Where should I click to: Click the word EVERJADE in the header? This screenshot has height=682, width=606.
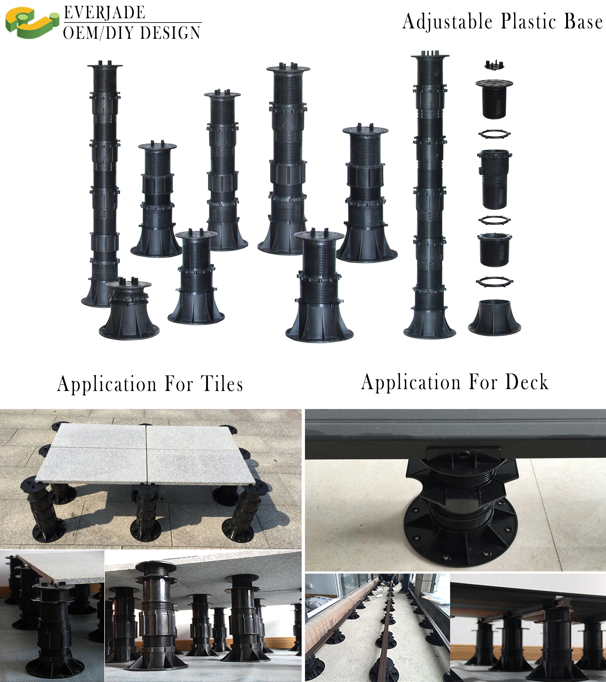tap(104, 13)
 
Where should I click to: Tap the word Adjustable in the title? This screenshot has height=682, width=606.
tap(447, 22)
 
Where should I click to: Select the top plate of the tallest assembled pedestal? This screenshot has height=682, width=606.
tap(430, 55)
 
